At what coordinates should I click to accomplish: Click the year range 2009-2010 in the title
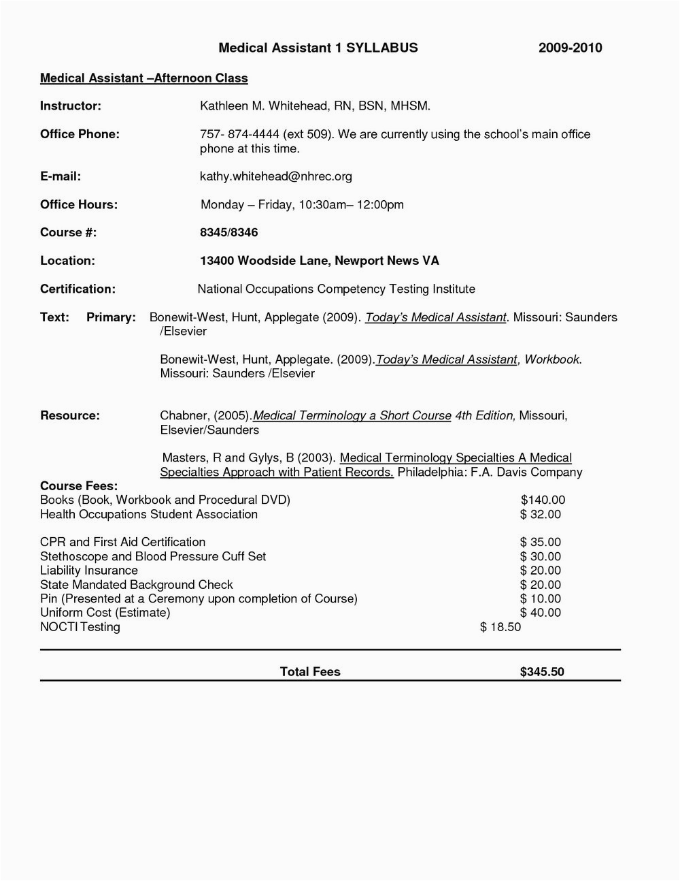point(570,48)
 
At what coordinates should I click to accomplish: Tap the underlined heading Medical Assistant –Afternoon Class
point(144,78)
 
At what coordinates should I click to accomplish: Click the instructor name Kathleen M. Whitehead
point(265,106)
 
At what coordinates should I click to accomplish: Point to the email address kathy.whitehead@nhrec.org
point(275,176)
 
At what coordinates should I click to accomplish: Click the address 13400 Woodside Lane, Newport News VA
point(319,261)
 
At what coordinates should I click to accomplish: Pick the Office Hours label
point(79,205)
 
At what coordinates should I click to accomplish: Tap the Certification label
point(78,289)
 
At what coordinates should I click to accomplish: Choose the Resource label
point(70,415)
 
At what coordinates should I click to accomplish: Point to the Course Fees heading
point(79,486)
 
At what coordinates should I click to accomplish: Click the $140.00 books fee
point(543,500)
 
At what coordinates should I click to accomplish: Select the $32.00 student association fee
point(541,515)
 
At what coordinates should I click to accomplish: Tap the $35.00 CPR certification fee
point(541,543)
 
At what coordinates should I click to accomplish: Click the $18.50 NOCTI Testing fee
point(500,627)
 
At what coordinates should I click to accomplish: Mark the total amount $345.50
point(542,672)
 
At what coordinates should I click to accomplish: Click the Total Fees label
point(310,672)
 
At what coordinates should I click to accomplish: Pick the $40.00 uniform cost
point(541,613)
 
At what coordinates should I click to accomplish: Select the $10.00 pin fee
point(541,599)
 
